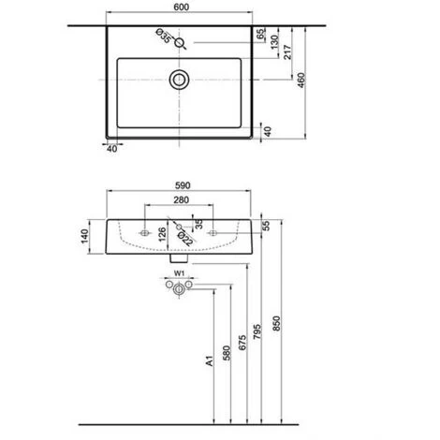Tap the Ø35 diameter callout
coord(162,38)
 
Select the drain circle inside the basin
coord(178,80)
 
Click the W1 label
coord(178,274)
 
